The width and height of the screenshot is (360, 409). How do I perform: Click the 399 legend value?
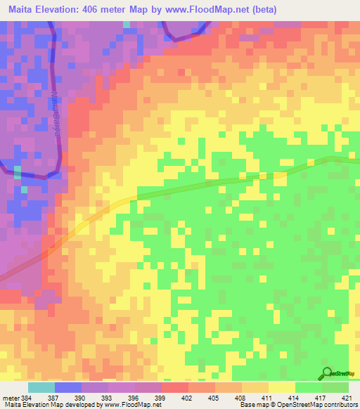coord(162,398)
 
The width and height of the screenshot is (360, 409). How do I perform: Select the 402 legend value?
coord(188,398)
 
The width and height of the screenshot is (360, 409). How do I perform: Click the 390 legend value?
coord(82,398)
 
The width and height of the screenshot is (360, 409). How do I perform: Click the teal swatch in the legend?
coord(41,387)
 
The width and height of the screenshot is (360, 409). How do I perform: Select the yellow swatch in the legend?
coord(282,387)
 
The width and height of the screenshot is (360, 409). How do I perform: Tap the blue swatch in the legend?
coord(68,387)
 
